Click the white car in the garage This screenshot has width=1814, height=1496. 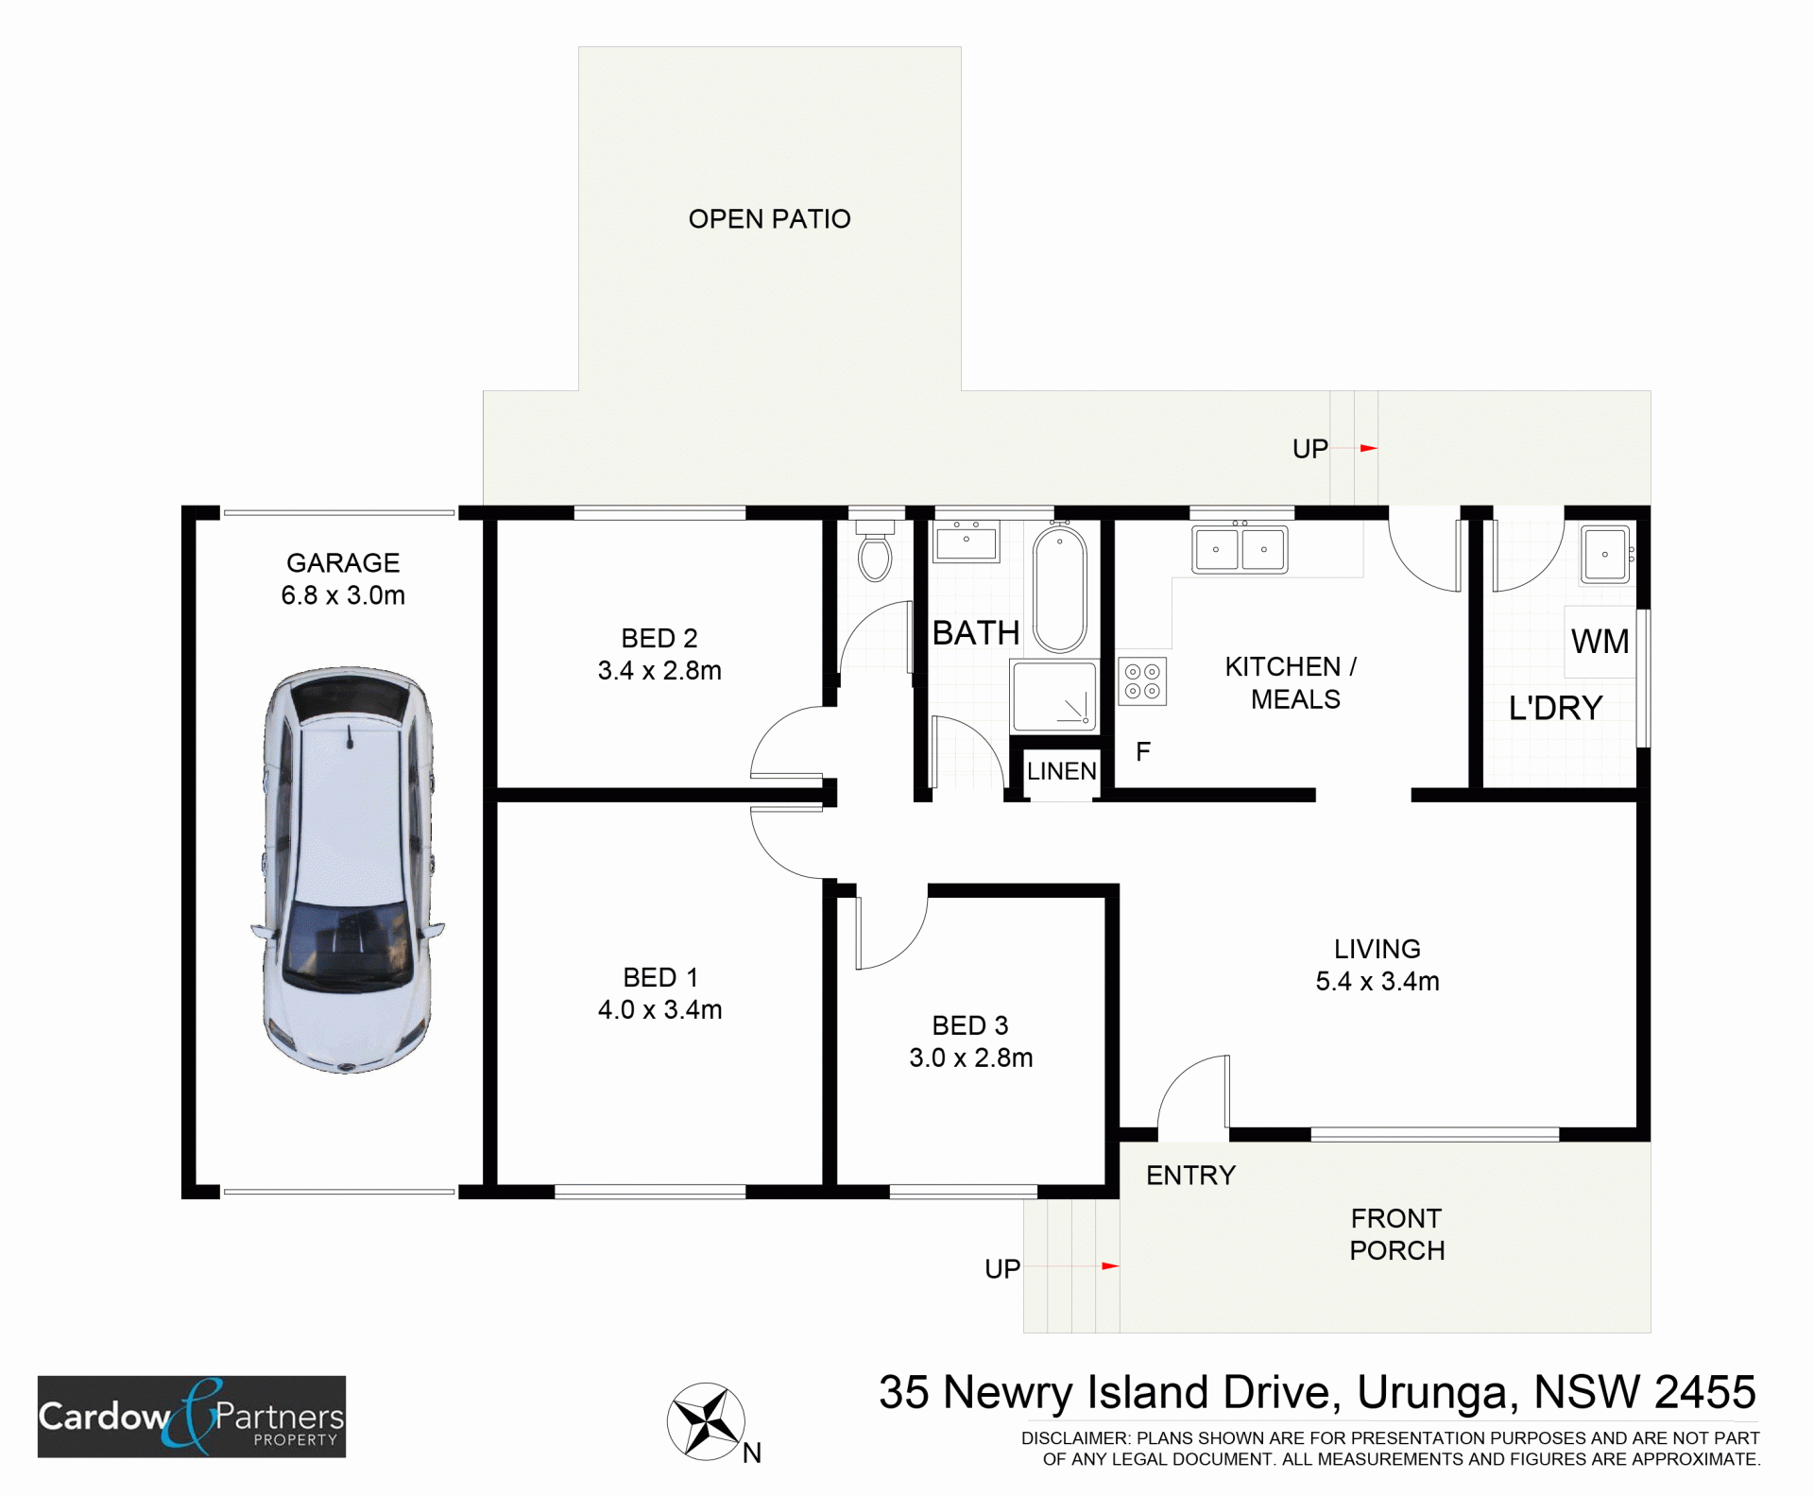[x=347, y=869]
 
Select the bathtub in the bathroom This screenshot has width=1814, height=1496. [x=1060, y=590]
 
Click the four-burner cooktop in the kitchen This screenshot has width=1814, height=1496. [x=1142, y=681]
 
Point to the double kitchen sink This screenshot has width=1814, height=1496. [x=1240, y=549]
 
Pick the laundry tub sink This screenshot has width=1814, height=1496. [x=1605, y=554]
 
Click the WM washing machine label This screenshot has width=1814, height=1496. [x=1600, y=642]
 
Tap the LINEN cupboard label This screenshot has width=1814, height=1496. [x=1062, y=771]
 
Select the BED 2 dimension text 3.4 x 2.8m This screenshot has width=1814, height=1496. [x=659, y=671]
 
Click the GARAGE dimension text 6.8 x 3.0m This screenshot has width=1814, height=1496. [x=343, y=595]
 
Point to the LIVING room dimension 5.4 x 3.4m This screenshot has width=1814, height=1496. [x=1378, y=981]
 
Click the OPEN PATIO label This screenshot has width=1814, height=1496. [x=769, y=219]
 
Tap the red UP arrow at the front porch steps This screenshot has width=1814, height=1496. [x=1110, y=1265]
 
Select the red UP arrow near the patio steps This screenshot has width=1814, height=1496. [x=1368, y=448]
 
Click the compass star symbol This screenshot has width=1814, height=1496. [x=706, y=1420]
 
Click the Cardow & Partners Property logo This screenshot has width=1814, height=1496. [x=192, y=1417]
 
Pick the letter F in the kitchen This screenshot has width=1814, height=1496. [x=1143, y=752]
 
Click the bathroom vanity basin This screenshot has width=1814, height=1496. [x=966, y=543]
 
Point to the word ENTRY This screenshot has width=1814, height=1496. [x=1190, y=1176]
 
